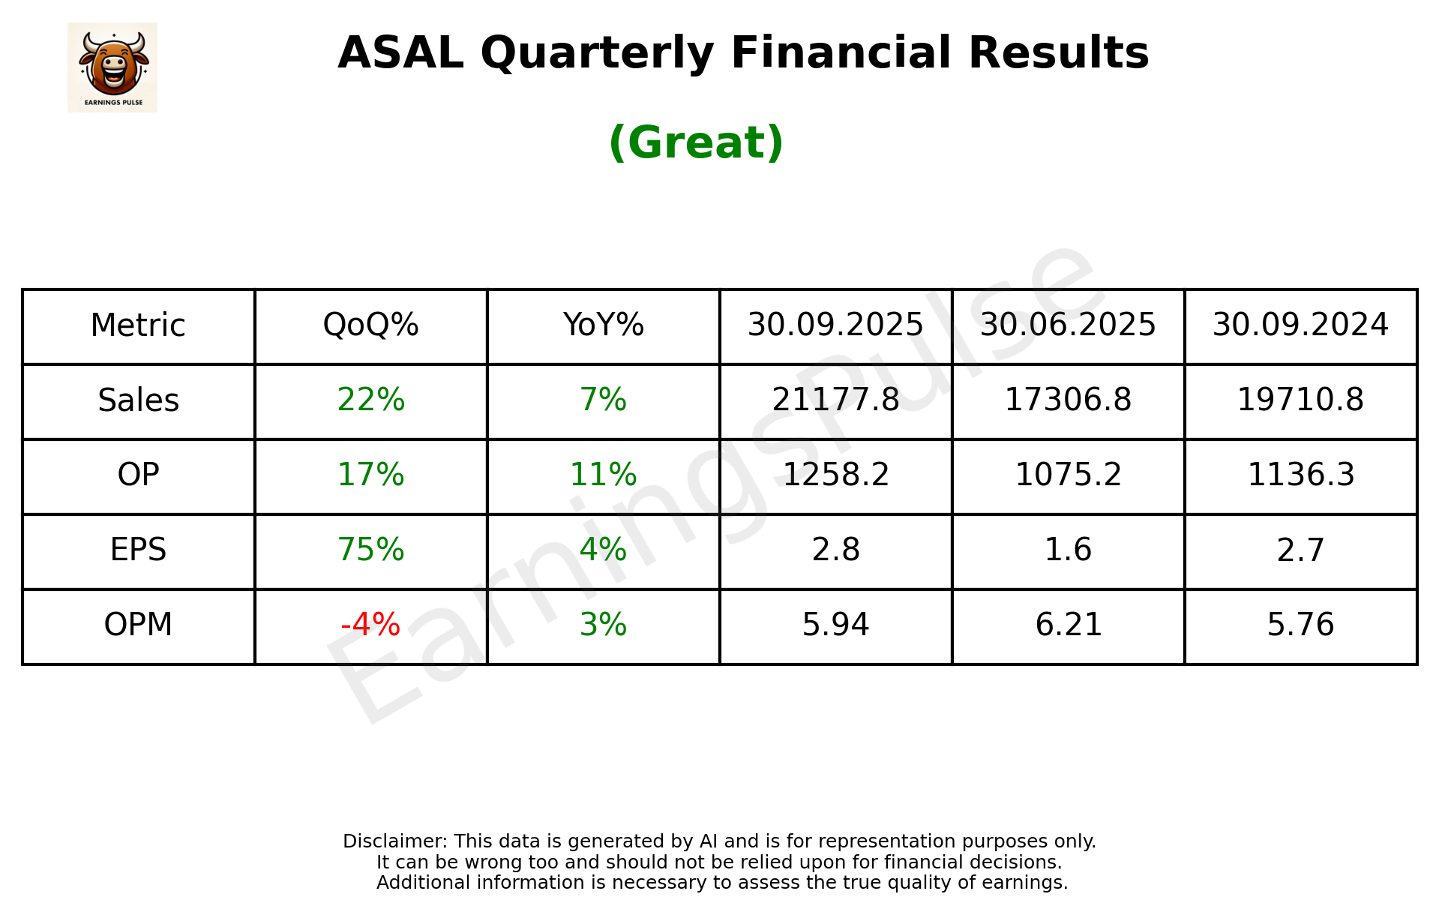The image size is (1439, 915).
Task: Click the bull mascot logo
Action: [x=112, y=67]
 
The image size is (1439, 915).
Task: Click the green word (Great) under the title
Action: [x=696, y=142]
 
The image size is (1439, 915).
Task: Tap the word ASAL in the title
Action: [x=400, y=53]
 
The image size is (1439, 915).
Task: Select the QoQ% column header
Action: [x=370, y=325]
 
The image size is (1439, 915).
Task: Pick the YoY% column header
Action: [x=603, y=325]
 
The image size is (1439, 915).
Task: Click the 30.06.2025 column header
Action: [x=1068, y=325]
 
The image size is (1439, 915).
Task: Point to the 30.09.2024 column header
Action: [x=1300, y=325]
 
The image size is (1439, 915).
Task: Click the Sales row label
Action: [x=139, y=400]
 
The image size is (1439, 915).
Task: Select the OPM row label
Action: [x=139, y=625]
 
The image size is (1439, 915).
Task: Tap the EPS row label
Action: [x=139, y=550]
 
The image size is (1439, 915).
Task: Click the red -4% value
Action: [x=370, y=625]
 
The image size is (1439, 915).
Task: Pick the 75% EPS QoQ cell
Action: [x=370, y=550]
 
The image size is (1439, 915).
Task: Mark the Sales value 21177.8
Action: [x=835, y=400]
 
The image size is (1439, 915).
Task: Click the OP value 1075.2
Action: [x=1068, y=475]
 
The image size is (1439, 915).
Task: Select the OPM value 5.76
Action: [x=1300, y=625]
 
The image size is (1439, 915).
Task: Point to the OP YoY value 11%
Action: [x=603, y=475]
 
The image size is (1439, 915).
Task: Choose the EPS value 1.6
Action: [x=1068, y=550]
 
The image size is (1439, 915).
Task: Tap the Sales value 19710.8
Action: [x=1300, y=400]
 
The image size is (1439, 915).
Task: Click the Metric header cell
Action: [x=139, y=325]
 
